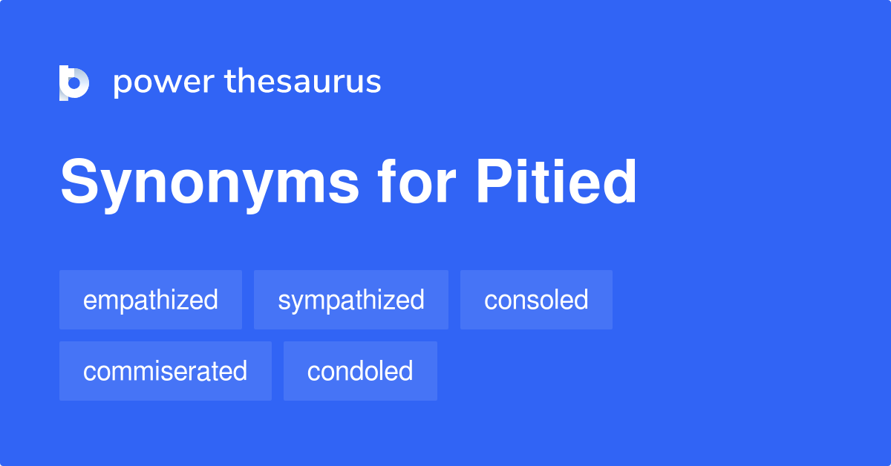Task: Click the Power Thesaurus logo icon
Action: pyautogui.click(x=74, y=82)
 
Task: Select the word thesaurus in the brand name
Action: pyautogui.click(x=303, y=82)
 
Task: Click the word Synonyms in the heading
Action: pyautogui.click(x=209, y=184)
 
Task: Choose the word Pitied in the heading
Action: pyautogui.click(x=556, y=183)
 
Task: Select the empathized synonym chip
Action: pyautogui.click(x=151, y=300)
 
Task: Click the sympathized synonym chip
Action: pyautogui.click(x=351, y=300)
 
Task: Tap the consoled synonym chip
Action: pyautogui.click(x=536, y=300)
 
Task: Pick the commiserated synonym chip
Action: pyautogui.click(x=165, y=371)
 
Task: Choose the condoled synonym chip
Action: pyautogui.click(x=360, y=371)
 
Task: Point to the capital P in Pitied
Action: pyautogui.click(x=493, y=183)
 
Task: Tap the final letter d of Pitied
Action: pyautogui.click(x=621, y=183)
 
